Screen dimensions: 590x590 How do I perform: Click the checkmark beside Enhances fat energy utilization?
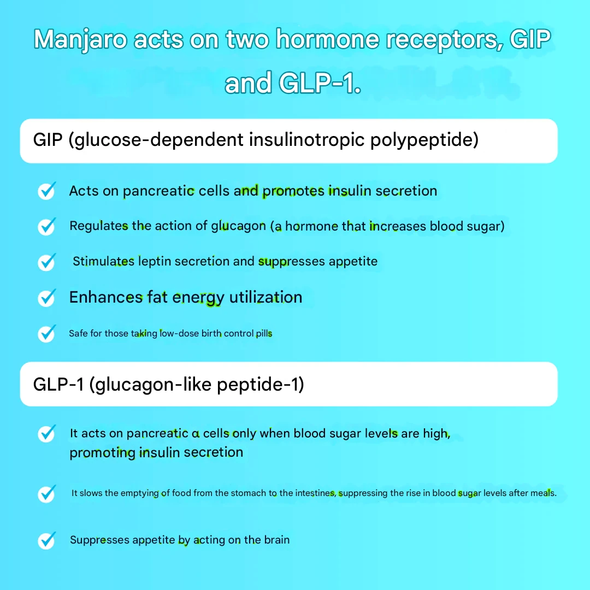[x=47, y=298]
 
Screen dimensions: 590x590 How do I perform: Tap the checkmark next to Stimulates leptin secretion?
[x=47, y=262]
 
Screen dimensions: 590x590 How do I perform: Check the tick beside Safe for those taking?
[x=47, y=333]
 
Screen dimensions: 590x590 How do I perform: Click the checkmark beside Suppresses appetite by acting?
[x=47, y=541]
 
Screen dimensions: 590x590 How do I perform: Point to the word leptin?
[x=154, y=261]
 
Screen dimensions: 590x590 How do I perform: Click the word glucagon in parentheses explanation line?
[x=238, y=226]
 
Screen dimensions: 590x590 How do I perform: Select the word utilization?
[x=265, y=297]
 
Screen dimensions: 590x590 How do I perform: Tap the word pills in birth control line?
[x=264, y=333]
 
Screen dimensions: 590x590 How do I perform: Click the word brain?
[x=276, y=540]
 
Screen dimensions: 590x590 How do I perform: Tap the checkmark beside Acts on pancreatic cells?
[x=47, y=191]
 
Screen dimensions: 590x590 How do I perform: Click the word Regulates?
[x=99, y=226]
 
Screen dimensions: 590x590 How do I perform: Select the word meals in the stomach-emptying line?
[x=543, y=493]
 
